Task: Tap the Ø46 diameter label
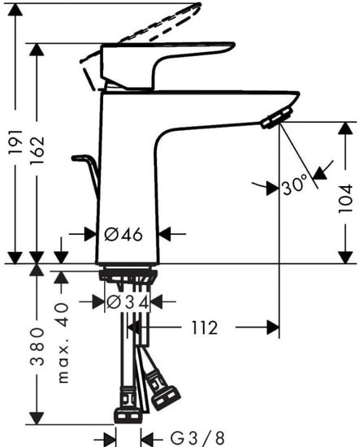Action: pos(124,234)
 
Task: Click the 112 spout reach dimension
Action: pos(204,328)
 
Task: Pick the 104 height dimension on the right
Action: pos(345,197)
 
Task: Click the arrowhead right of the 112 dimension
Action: pos(272,328)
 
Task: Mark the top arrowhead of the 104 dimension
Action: pos(345,129)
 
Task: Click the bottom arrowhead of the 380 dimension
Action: pos(37,418)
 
